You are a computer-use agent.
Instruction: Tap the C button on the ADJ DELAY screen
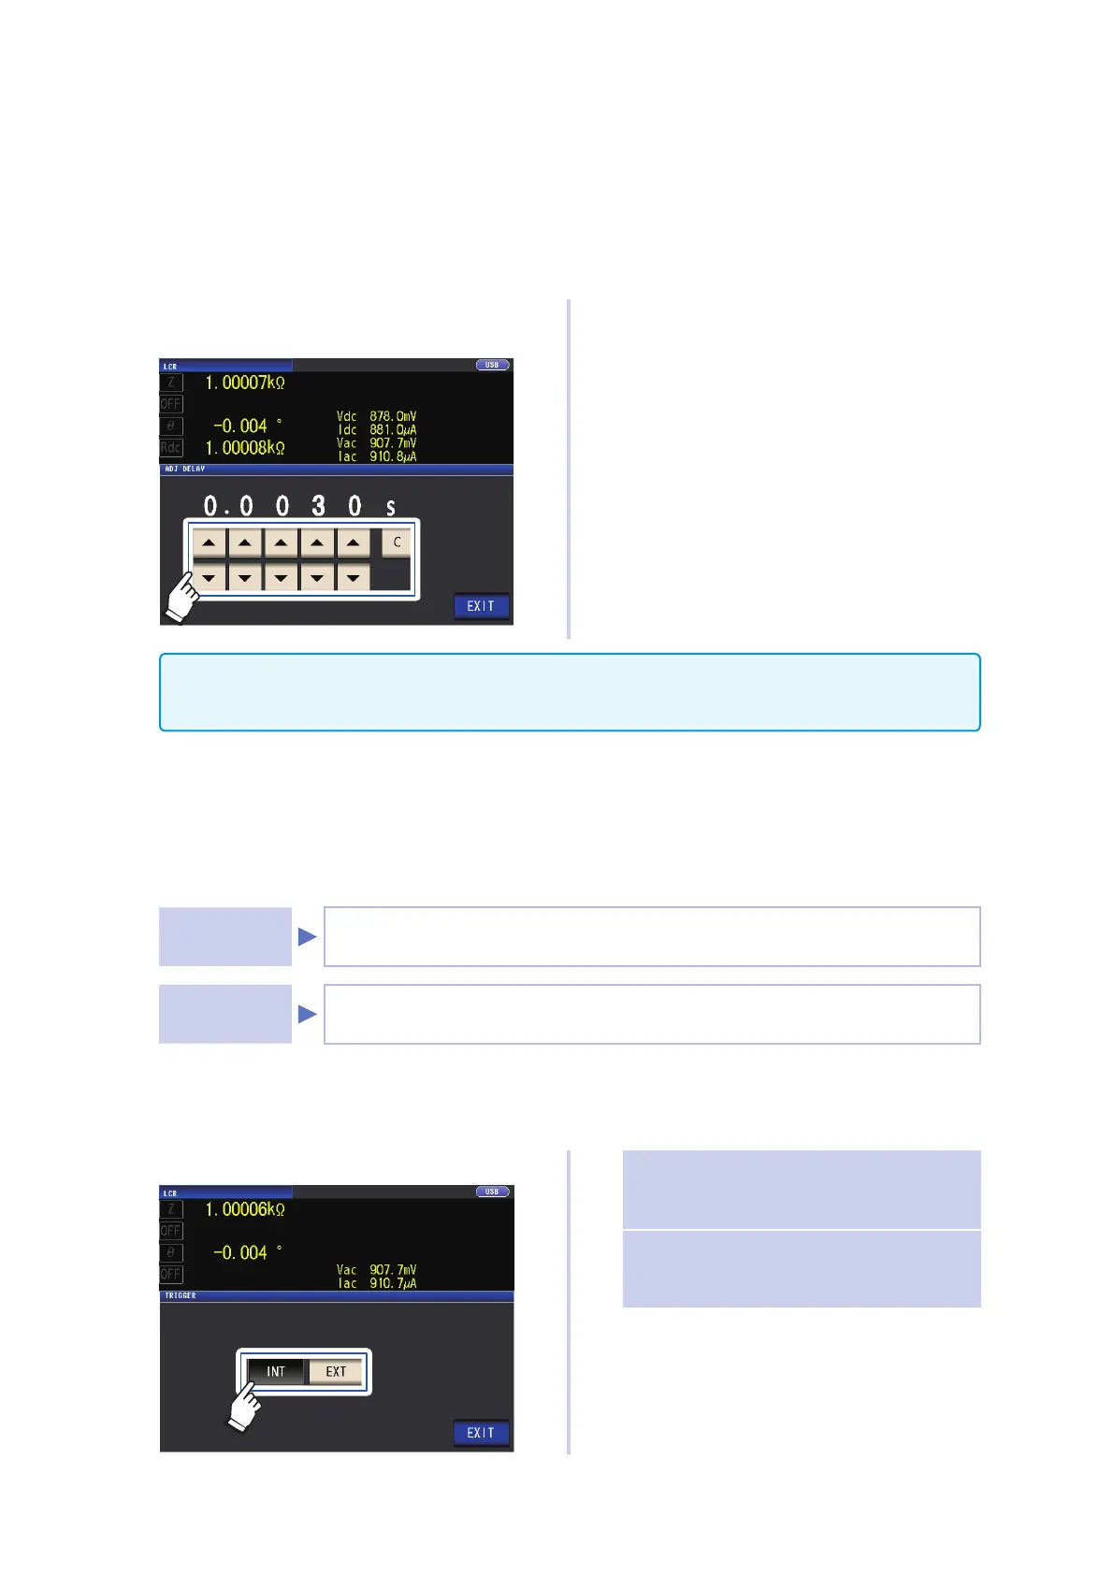pos(397,542)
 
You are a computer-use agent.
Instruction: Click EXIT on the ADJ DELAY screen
pos(481,606)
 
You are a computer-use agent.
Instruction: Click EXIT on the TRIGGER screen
pos(481,1433)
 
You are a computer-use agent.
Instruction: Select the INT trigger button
pos(276,1372)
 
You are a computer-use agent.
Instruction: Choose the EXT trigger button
pos(336,1372)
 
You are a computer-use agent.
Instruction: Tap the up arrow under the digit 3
pos(317,542)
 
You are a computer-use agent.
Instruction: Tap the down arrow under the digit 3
pos(317,578)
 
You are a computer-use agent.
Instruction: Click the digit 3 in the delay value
pos(318,506)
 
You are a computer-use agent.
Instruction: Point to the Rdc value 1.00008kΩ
pos(245,448)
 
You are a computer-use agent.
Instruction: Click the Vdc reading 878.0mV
pos(393,416)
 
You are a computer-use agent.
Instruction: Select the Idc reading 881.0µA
pos(393,430)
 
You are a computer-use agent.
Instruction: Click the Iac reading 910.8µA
pos(393,456)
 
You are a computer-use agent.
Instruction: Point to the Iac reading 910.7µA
pos(393,1283)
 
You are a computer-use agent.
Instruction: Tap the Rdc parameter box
pos(170,448)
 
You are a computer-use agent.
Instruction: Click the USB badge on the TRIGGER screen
pos(492,1192)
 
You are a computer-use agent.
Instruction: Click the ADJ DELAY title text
pos(185,469)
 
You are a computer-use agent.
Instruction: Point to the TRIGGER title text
pos(181,1295)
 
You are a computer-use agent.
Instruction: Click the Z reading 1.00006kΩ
pos(245,1209)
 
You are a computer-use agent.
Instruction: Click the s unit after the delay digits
pos(391,508)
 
